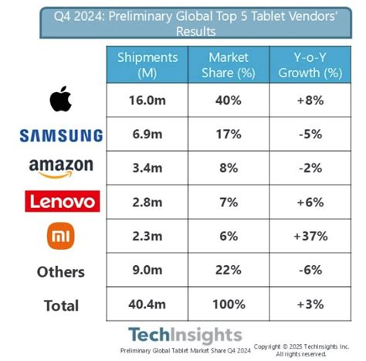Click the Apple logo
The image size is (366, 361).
pyautogui.click(x=60, y=100)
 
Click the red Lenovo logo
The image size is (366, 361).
pyautogui.click(x=60, y=203)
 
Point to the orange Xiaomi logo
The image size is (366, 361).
pyautogui.click(x=60, y=237)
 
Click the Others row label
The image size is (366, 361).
pyautogui.click(x=60, y=271)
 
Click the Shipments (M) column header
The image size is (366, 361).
pyautogui.click(x=147, y=64)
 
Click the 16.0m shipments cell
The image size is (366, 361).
pyautogui.click(x=147, y=100)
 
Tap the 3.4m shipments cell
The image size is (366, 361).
pyautogui.click(x=147, y=168)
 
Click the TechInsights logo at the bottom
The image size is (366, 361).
pyautogui.click(x=185, y=335)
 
